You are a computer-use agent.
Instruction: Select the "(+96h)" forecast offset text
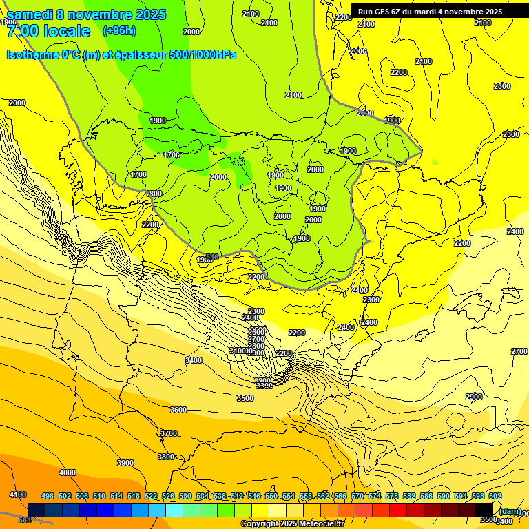(119, 31)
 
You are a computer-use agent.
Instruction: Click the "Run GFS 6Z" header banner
(429, 12)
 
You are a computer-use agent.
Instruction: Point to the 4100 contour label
(18, 495)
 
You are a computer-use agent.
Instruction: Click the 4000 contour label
(68, 473)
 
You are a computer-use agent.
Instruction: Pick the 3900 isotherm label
(125, 463)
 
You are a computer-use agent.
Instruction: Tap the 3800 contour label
(165, 457)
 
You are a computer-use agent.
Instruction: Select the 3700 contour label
(169, 433)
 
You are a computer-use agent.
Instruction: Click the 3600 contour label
(178, 410)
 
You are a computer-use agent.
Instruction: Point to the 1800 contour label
(154, 194)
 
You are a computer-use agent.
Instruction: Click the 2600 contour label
(256, 332)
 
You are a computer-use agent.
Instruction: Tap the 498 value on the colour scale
(48, 496)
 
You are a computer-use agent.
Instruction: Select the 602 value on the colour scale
(495, 496)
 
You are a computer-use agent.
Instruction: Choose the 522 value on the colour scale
(151, 496)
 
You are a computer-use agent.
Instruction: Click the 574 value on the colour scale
(375, 496)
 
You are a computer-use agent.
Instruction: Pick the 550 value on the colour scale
(271, 496)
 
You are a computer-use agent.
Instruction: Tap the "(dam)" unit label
(510, 510)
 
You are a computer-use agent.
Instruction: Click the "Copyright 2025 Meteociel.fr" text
(292, 524)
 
